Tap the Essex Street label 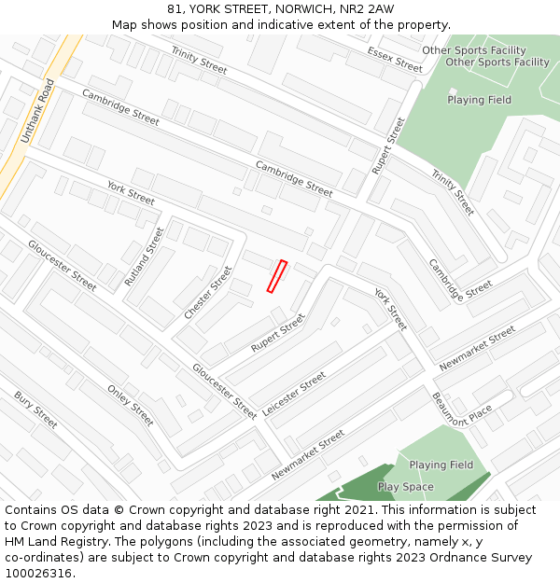pyautogui.click(x=395, y=59)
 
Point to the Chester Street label pyautogui.click(x=207, y=292)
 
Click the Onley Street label pyautogui.click(x=130, y=406)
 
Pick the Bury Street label pyautogui.click(x=35, y=410)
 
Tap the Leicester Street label pyautogui.click(x=294, y=394)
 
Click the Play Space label pyautogui.click(x=405, y=487)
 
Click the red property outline pyautogui.click(x=276, y=277)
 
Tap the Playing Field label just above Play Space pyautogui.click(x=441, y=465)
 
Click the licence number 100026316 pyautogui.click(x=37, y=574)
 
